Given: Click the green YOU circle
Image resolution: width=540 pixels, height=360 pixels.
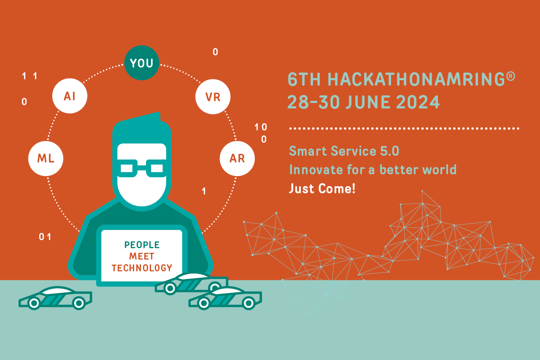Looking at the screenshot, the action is pos(142,63).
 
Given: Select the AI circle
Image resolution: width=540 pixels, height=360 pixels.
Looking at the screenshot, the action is pos(70,96).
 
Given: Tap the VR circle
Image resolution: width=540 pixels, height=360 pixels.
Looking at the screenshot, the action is pos(213,97).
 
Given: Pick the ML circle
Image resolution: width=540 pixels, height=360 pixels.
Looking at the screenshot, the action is pos(46,158).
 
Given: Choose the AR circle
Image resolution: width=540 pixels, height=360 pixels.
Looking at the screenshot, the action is pos(237,158).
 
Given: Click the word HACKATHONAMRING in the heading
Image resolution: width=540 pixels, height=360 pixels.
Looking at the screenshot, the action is pos(416,79).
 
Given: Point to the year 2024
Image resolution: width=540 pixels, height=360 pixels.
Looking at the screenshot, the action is pos(418,102).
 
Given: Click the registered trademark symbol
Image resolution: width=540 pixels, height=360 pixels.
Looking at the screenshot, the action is pos(510,76).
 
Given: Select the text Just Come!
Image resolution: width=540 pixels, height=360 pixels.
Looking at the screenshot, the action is pos(322,188).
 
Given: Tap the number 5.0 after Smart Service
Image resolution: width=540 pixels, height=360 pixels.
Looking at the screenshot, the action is pos(389,151).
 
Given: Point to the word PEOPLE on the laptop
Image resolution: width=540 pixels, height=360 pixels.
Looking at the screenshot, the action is pos(142,245).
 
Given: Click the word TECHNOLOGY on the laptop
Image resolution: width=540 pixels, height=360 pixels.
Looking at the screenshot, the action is pos(142,268).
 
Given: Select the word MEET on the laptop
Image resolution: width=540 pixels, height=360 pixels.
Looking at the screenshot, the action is pos(142,256).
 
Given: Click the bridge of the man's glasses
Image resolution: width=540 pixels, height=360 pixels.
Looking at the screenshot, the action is pos(142,167).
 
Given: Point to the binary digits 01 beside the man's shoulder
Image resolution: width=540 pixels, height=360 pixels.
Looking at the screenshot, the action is pos(45,237).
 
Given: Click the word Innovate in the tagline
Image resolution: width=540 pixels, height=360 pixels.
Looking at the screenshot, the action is pos(316,170).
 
